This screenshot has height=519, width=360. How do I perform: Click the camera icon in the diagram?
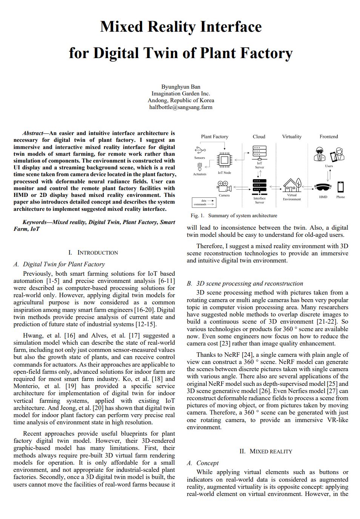click(224, 186)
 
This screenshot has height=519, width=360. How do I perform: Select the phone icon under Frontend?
click(340, 187)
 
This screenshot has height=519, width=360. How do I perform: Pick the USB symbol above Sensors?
click(200, 150)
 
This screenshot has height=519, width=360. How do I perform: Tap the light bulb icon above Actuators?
click(200, 166)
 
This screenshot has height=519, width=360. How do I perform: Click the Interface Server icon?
click(259, 186)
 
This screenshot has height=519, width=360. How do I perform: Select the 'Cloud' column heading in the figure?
click(259, 137)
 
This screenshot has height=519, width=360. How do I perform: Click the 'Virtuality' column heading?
click(292, 137)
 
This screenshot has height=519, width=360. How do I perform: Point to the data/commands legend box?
click(204, 203)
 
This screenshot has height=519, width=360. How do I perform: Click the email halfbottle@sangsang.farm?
click(181, 107)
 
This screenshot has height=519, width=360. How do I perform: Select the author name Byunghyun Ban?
click(181, 87)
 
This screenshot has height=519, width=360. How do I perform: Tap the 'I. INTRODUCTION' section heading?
click(93, 253)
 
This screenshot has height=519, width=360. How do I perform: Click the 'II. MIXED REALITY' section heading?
click(266, 451)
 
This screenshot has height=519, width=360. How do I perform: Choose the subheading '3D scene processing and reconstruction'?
click(249, 284)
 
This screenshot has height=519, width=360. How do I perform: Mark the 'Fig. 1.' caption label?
click(197, 216)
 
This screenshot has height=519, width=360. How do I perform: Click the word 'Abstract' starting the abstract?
click(33, 133)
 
